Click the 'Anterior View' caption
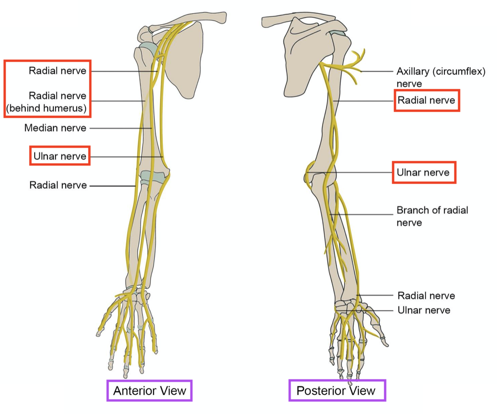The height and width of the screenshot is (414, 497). [x=150, y=390]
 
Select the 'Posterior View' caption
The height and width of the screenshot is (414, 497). [x=337, y=390]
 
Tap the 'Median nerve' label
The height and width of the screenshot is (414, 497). [x=55, y=128]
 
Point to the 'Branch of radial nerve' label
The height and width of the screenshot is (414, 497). [x=432, y=216]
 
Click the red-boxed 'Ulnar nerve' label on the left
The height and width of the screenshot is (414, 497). [x=60, y=156]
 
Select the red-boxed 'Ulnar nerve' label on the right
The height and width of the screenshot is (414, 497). [x=423, y=172]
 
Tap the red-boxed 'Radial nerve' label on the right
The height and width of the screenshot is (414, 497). [x=426, y=100]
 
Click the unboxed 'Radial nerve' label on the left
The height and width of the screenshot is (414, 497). [x=58, y=185]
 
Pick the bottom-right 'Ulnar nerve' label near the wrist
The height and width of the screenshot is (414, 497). [x=424, y=310]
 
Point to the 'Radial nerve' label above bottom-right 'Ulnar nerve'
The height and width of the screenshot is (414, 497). [x=426, y=295]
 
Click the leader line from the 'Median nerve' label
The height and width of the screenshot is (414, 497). [x=119, y=128]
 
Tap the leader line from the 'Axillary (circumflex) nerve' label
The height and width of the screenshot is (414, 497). [x=377, y=71]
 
